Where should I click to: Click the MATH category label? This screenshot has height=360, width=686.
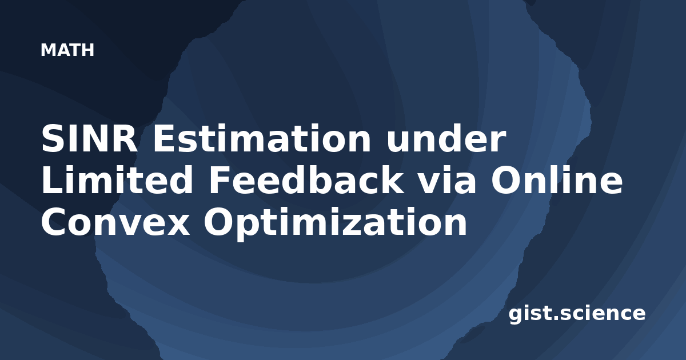67,50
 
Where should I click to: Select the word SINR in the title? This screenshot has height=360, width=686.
89,139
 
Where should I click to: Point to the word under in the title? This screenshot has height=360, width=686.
446,139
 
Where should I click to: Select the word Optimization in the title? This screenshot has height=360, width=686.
336,223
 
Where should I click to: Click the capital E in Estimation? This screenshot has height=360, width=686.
164,139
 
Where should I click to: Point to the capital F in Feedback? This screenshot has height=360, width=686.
220,181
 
